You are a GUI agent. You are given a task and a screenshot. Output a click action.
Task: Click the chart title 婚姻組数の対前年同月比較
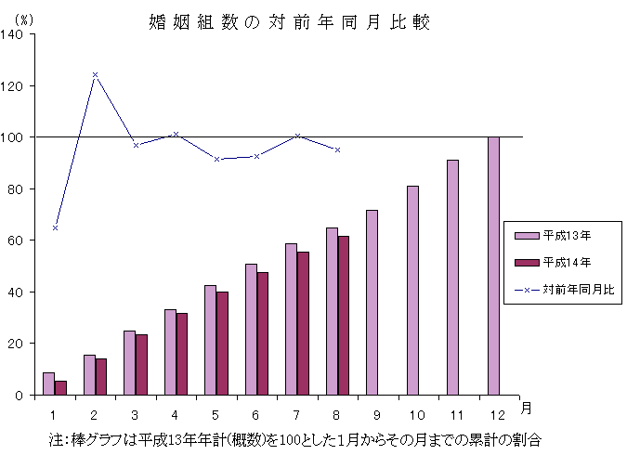point(289,22)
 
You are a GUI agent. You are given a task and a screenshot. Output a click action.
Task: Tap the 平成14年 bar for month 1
point(60,388)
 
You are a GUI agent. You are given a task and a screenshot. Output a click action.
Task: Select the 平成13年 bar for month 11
point(452,278)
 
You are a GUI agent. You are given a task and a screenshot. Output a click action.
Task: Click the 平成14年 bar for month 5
point(222,344)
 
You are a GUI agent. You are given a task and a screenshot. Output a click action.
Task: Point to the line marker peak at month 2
point(95,74)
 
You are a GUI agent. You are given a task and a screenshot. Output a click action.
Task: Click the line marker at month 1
point(55,227)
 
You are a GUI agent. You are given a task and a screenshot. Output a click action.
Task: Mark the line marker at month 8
point(337,149)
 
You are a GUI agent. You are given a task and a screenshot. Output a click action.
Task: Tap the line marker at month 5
point(216,159)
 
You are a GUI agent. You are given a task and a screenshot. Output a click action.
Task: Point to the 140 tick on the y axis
point(16,34)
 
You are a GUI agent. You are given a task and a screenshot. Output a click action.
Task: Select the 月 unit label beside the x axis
point(527,409)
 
